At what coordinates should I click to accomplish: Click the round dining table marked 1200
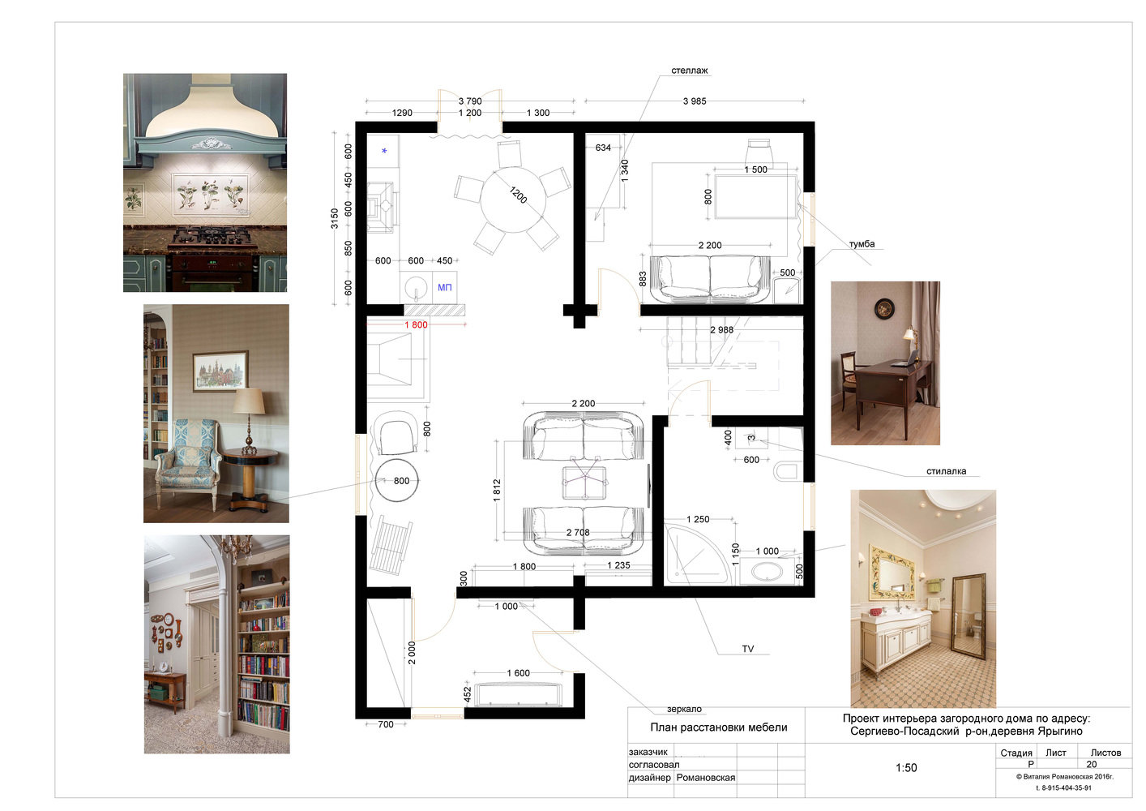click(x=513, y=200)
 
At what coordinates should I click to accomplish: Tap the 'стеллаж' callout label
click(x=689, y=71)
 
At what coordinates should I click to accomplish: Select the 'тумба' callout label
click(x=862, y=244)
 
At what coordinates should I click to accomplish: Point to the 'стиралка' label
click(x=946, y=471)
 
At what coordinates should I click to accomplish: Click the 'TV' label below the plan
click(x=747, y=649)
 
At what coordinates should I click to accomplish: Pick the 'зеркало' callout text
click(x=684, y=709)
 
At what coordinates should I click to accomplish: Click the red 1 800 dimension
click(x=416, y=324)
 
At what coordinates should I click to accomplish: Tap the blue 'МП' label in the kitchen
click(x=445, y=287)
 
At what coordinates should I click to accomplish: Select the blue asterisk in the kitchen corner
click(x=384, y=151)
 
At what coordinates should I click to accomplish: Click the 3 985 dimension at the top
click(x=695, y=101)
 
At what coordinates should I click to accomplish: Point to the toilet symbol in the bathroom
click(x=788, y=471)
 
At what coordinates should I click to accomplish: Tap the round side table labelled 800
click(x=397, y=480)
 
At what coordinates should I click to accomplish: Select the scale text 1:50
click(x=906, y=767)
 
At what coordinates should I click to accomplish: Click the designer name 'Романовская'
click(x=705, y=778)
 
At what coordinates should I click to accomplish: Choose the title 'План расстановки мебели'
click(x=718, y=727)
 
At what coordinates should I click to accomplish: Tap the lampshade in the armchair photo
click(x=249, y=401)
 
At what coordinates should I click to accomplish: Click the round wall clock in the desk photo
click(x=884, y=309)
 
